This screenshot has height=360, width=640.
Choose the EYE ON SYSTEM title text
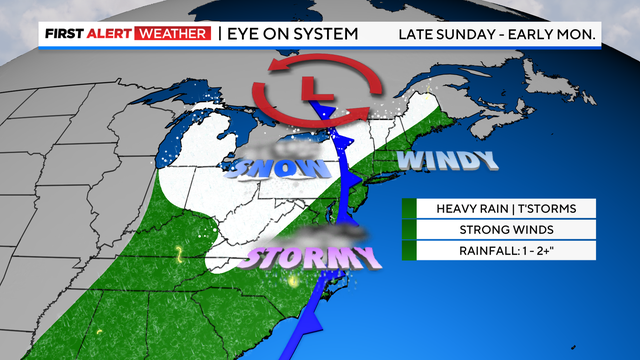pyautogui.click(x=288, y=34)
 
